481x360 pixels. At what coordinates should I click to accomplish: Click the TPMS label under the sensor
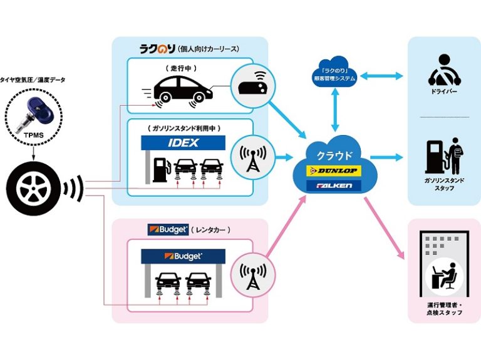[34, 135]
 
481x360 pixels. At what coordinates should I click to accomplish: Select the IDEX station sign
[183, 143]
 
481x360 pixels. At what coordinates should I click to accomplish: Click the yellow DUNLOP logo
[334, 171]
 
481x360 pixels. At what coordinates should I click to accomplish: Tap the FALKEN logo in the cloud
[334, 186]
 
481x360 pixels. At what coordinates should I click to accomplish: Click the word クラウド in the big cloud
[334, 156]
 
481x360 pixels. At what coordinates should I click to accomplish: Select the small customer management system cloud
[334, 72]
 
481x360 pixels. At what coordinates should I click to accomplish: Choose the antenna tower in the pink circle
[253, 276]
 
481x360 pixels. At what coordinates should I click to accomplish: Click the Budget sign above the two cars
[183, 256]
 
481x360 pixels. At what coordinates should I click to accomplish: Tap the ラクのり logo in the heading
[157, 49]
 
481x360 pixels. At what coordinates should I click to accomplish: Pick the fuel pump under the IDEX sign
[160, 169]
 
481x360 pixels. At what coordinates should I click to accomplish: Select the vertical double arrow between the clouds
[335, 109]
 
